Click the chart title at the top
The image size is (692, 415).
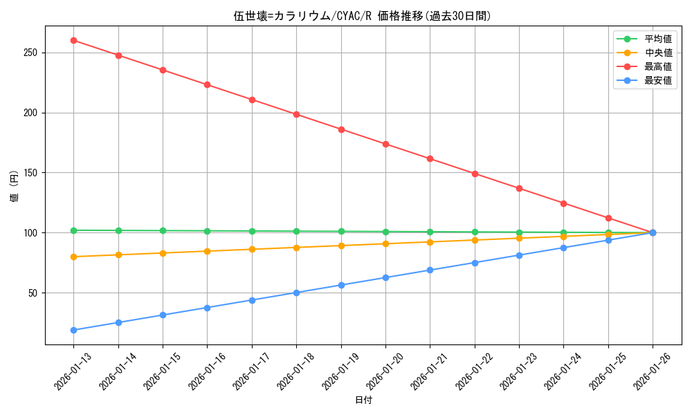pos(363,16)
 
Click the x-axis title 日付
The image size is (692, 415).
pos(363,400)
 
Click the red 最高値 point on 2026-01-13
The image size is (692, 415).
pos(74,40)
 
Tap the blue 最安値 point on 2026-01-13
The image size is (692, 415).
pos(74,330)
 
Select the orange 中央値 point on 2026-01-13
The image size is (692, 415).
pos(74,257)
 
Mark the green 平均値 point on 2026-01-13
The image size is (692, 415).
pos(74,230)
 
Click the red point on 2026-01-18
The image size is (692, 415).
pos(296,114)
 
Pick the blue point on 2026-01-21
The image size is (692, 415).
pos(430,270)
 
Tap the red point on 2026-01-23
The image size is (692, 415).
pos(519,188)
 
